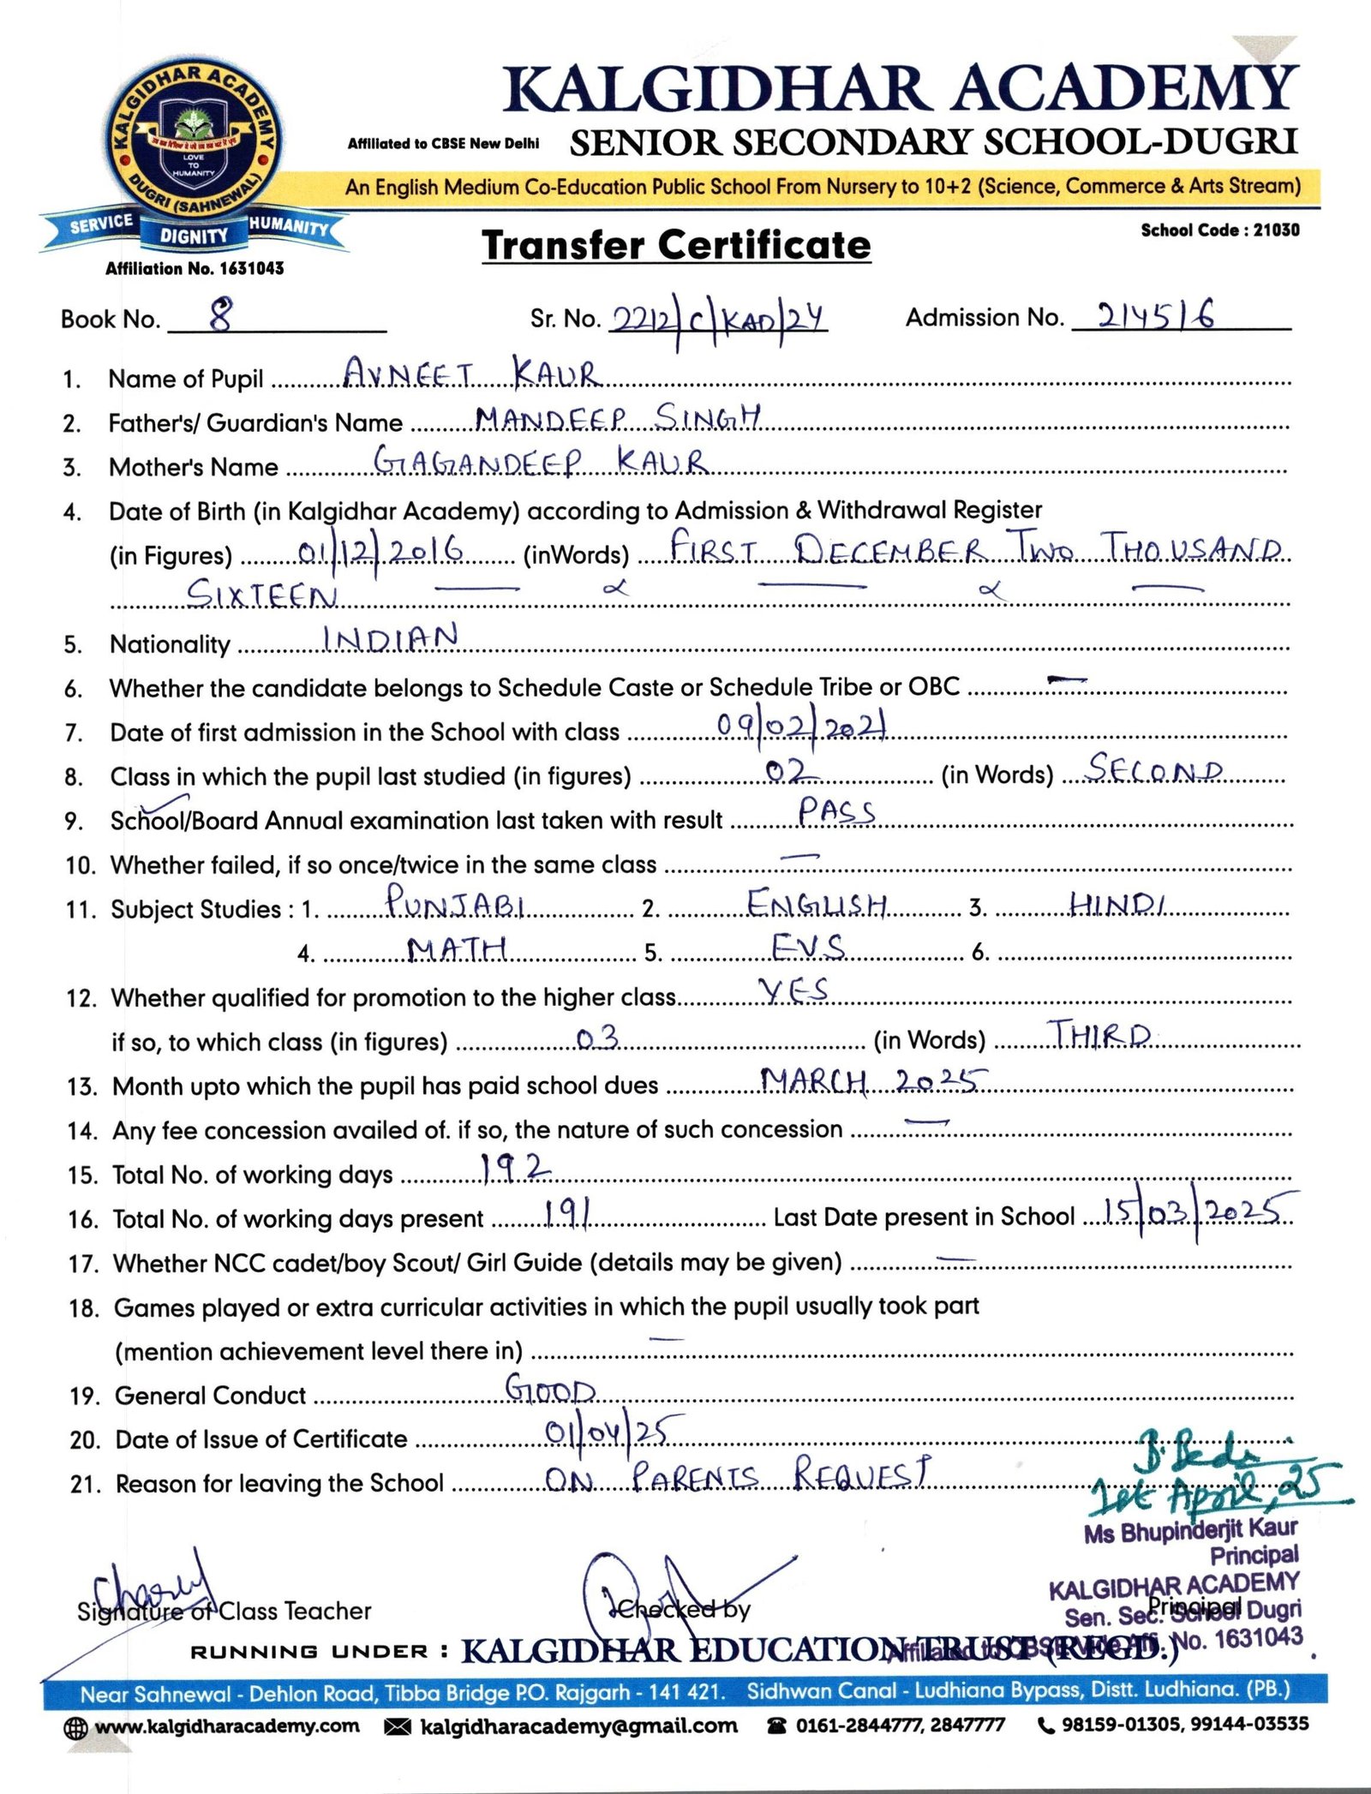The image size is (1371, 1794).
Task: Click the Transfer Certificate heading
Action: pos(676,246)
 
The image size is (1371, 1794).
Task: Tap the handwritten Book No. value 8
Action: pos(221,315)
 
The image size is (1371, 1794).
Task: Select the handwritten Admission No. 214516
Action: pos(1156,316)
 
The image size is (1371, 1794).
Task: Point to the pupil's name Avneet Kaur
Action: pos(470,374)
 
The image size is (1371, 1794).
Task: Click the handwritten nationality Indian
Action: pos(390,638)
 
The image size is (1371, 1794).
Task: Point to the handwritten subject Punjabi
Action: pos(454,901)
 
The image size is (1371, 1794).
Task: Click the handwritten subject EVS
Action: pos(807,947)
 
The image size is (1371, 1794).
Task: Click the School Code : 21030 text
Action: pos(1219,230)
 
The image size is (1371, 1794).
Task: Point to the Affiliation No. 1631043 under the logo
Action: pos(195,268)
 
